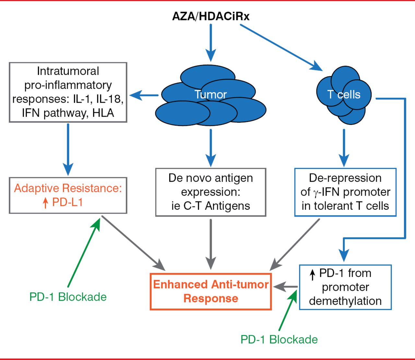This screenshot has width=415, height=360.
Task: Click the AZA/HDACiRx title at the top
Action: [x=211, y=16]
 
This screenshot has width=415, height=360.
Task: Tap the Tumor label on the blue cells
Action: [x=211, y=95]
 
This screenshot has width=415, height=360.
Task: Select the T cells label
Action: [x=344, y=95]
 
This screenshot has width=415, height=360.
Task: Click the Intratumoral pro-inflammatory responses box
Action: [x=68, y=92]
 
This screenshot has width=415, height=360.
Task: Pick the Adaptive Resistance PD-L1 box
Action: [x=68, y=195]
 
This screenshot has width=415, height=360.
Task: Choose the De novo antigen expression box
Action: [x=211, y=192]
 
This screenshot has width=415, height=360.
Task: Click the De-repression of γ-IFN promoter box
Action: [x=345, y=192]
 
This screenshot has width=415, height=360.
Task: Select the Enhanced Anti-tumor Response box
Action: [x=211, y=291]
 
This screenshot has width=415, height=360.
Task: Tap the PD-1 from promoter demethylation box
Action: [x=345, y=287]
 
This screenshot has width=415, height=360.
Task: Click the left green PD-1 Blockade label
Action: [x=68, y=297]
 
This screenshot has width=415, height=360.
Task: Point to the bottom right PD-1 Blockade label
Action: [x=279, y=339]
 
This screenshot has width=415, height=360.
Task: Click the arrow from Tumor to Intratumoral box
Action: [x=144, y=95]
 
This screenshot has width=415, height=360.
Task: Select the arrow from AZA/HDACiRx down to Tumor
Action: [x=211, y=42]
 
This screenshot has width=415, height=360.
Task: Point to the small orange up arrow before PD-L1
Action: [x=45, y=203]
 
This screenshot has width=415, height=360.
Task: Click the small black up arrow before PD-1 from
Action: [x=313, y=275]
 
